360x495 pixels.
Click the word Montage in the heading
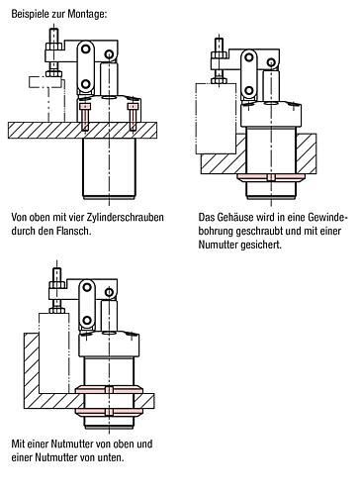(87, 14)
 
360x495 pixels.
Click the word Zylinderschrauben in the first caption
(126, 218)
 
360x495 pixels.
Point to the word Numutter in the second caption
(218, 245)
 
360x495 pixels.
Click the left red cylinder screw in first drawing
(85, 117)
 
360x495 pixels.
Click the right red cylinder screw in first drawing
(133, 117)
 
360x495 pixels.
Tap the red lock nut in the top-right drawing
(271, 177)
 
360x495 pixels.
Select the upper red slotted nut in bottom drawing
(109, 390)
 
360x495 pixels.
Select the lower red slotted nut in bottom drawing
(109, 412)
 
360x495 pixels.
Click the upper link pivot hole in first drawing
(86, 49)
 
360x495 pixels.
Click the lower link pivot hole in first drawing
(86, 84)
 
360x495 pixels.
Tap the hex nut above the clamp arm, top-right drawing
(219, 54)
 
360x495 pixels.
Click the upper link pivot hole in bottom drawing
(87, 287)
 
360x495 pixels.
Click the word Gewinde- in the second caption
(328, 218)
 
